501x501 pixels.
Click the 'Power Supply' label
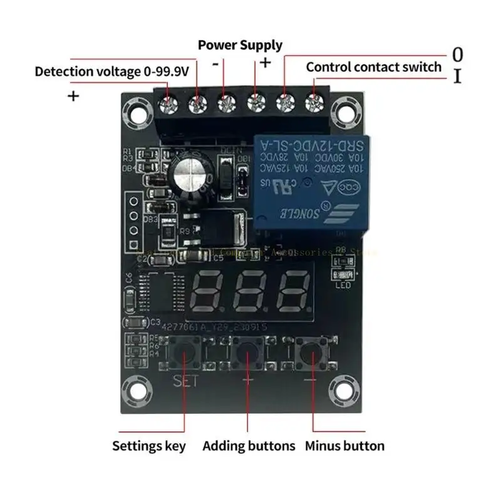coord(240,45)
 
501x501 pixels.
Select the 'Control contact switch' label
coord(373,67)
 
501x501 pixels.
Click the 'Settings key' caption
coord(149,447)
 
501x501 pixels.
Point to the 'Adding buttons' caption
coord(249,447)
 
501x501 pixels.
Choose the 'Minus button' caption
coord(345,447)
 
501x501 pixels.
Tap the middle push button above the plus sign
coord(249,355)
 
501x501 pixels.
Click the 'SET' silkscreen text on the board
coord(186,380)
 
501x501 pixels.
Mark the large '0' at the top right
coord(458,53)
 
